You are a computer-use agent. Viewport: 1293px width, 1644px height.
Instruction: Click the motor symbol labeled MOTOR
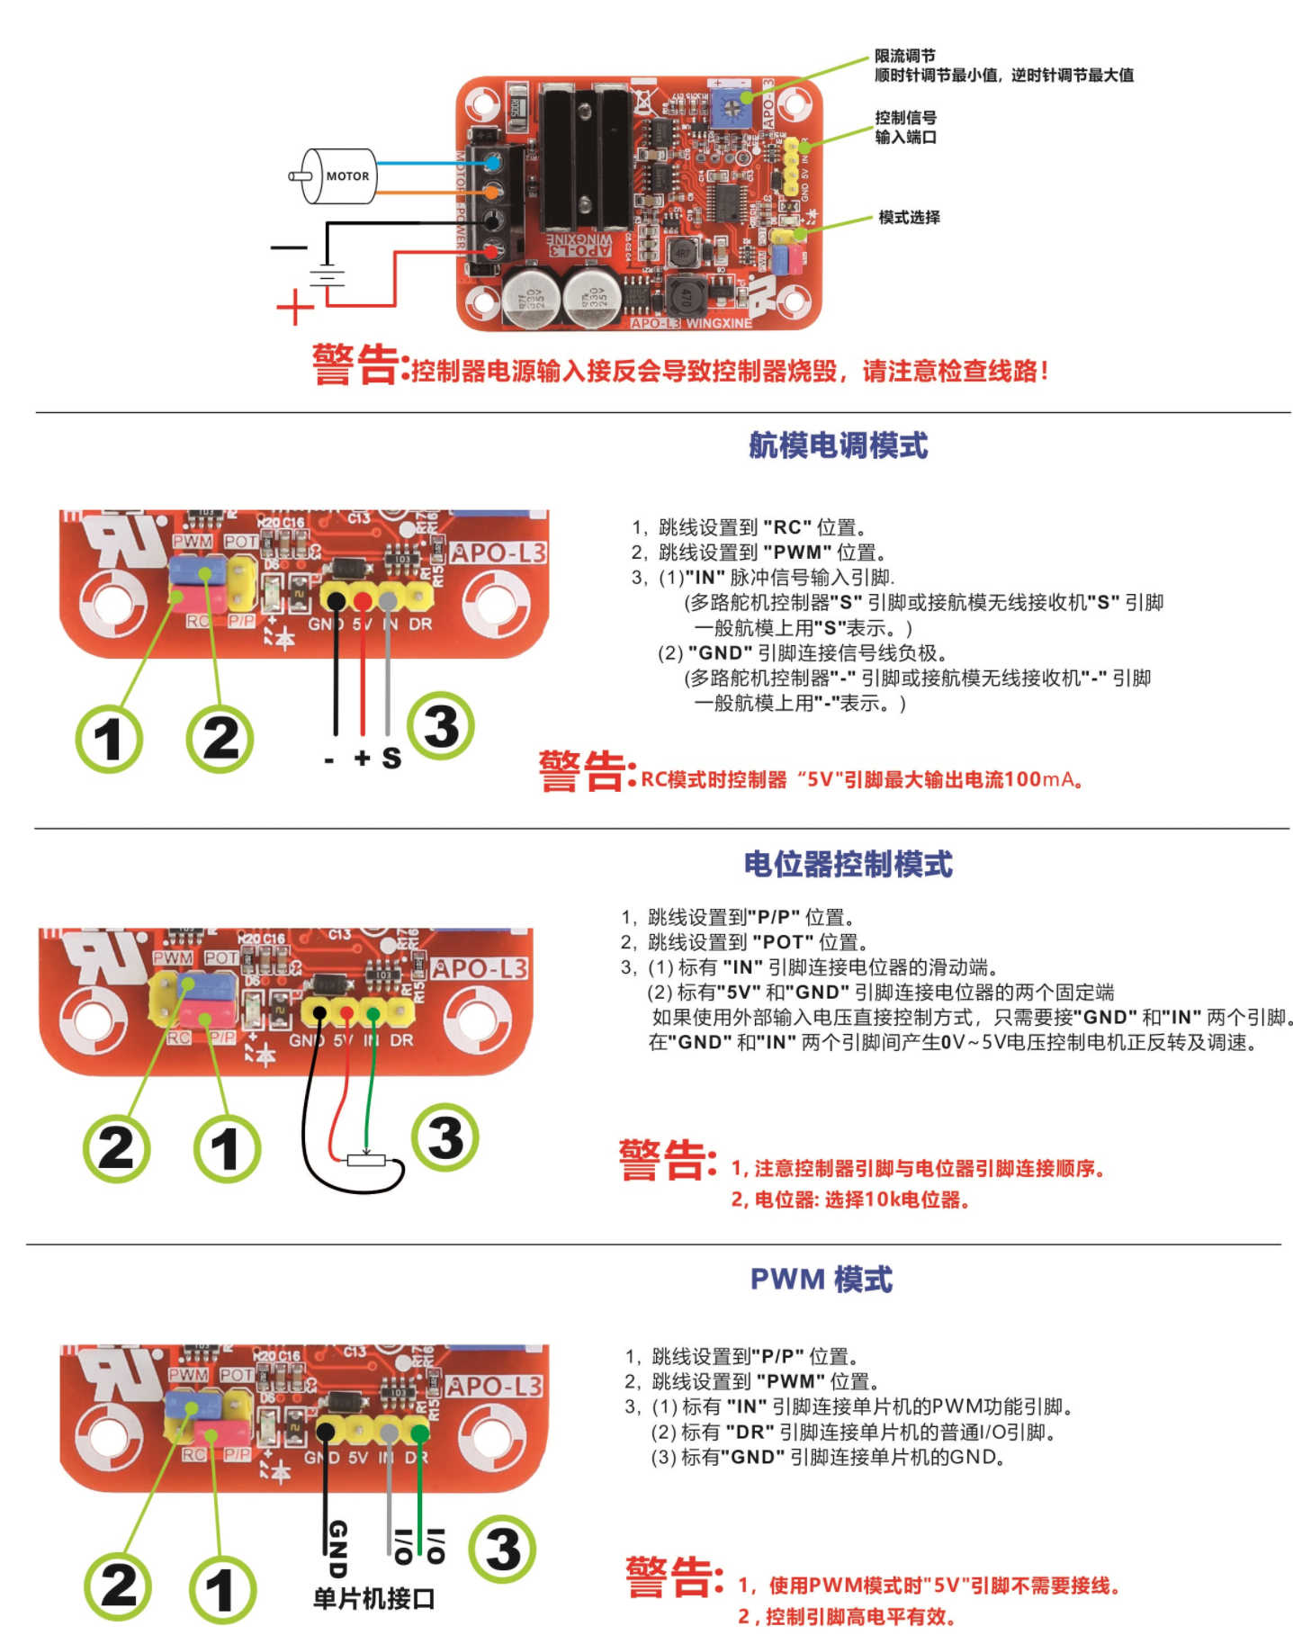click(x=338, y=176)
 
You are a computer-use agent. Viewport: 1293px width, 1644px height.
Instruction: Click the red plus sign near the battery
click(x=294, y=308)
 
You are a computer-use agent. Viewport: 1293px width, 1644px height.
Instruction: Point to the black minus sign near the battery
click(x=289, y=247)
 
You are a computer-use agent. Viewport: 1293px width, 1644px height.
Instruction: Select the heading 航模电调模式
click(x=837, y=445)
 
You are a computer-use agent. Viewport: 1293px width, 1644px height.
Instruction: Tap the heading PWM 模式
click(x=821, y=1279)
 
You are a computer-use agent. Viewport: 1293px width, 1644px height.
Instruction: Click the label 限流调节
click(x=904, y=56)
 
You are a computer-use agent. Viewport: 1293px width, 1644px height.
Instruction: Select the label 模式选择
click(x=909, y=217)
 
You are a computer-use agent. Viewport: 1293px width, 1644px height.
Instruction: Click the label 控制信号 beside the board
click(x=905, y=117)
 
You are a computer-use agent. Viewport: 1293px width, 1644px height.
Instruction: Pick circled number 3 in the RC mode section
click(x=440, y=726)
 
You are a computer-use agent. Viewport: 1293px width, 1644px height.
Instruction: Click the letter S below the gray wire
click(x=391, y=758)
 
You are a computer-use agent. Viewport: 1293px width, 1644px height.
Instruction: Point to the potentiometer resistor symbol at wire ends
click(x=365, y=1161)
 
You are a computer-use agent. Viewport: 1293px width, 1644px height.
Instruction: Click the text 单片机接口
click(x=373, y=1598)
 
